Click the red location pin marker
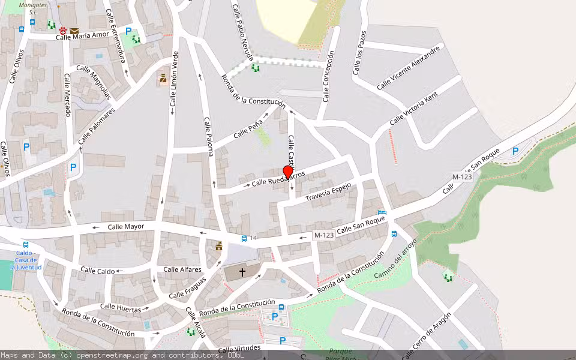[x=287, y=172]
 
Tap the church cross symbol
[x=242, y=272]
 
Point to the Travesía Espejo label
[x=328, y=192]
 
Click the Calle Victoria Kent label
[x=414, y=109]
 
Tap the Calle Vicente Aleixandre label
[x=408, y=68]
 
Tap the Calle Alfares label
[x=182, y=269]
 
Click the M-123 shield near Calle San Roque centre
[x=324, y=235]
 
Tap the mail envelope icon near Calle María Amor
[x=74, y=30]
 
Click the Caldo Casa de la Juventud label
[x=28, y=260]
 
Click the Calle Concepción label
[x=328, y=76]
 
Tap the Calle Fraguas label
[x=187, y=287]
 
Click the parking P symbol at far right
[x=515, y=152]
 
